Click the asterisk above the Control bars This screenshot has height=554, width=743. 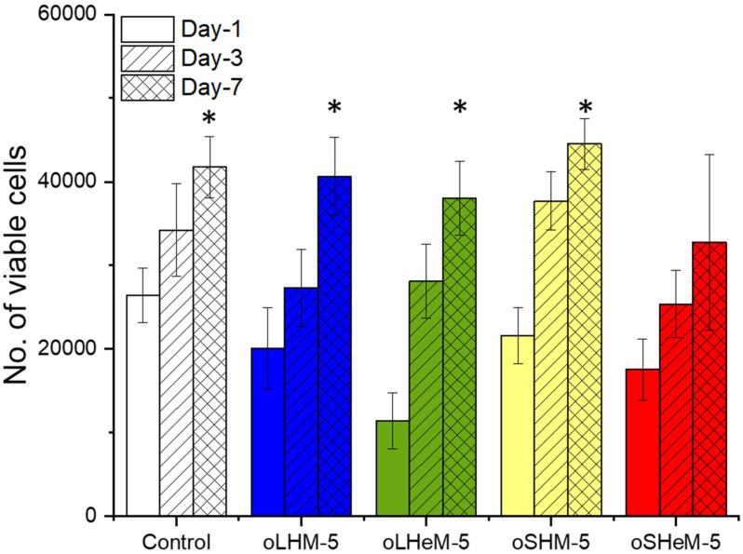click(x=209, y=120)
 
